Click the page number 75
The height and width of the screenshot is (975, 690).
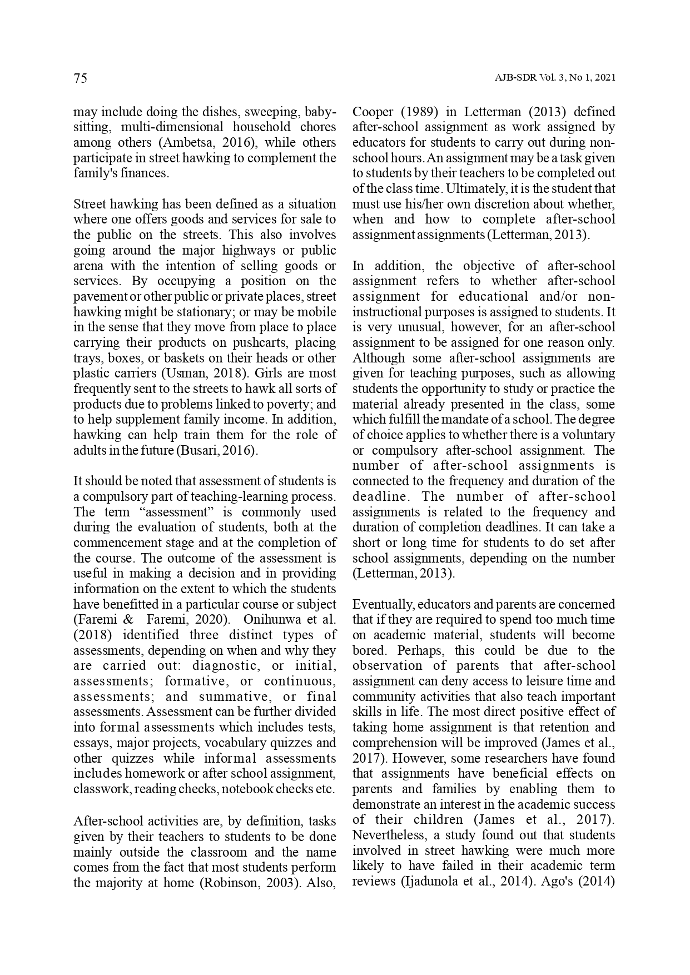pos(80,78)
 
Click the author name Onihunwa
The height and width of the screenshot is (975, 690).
pos(271,620)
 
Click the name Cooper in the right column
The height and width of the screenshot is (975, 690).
pos(372,112)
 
